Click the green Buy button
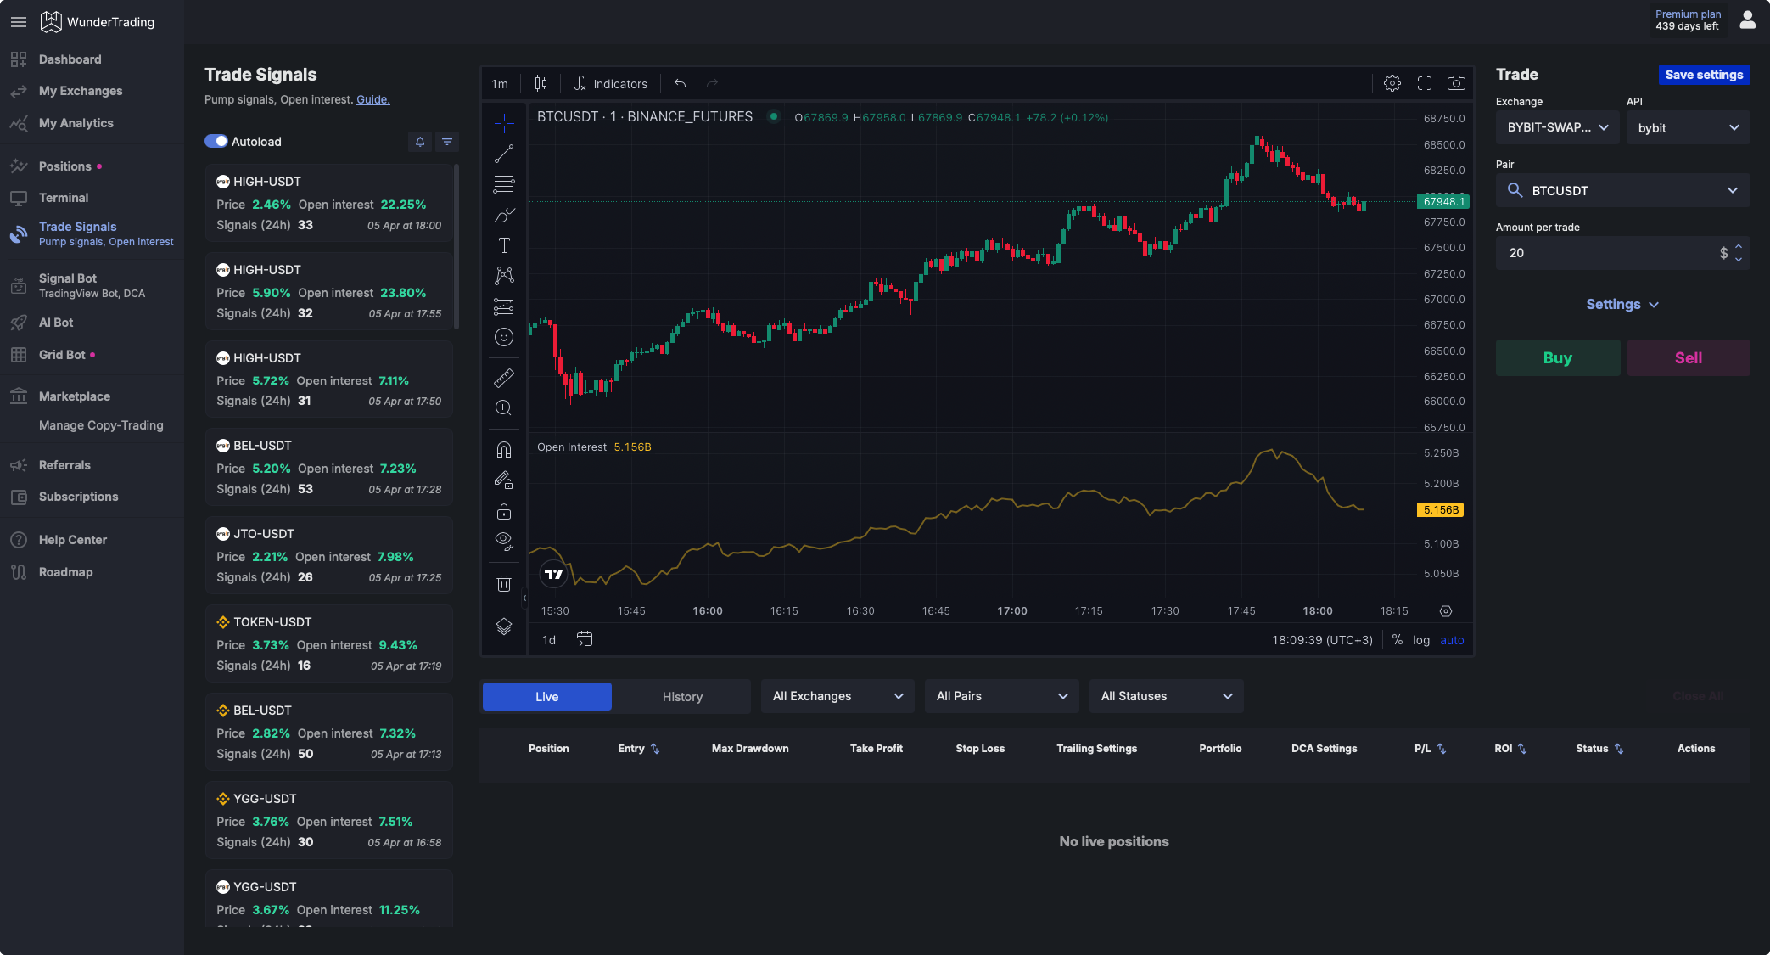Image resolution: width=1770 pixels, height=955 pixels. tap(1557, 357)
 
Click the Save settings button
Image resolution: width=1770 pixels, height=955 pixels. tap(1703, 75)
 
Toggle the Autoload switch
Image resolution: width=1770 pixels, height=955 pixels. tap(216, 141)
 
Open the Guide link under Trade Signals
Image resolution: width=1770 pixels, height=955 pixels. tap(372, 99)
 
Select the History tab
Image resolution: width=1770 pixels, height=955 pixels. tap(682, 696)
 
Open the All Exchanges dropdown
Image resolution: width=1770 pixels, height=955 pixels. tap(837, 696)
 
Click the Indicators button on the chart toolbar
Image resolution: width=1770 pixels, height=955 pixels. tap(610, 83)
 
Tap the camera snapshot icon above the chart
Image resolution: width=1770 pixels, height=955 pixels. tap(1456, 83)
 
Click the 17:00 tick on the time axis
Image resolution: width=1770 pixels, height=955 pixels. tap(1012, 610)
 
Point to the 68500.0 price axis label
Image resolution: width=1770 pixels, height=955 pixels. tap(1443, 144)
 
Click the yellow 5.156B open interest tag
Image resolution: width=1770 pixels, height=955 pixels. tap(1441, 510)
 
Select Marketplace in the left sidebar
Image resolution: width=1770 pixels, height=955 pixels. tap(75, 396)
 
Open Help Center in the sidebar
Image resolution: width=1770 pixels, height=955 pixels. tap(73, 540)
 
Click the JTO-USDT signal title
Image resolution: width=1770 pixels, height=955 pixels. tap(264, 534)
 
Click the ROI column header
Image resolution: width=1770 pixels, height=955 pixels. tap(1504, 748)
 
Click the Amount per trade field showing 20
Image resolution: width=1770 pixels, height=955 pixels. tap(1608, 253)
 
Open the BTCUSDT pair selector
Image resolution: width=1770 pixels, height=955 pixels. tap(1622, 190)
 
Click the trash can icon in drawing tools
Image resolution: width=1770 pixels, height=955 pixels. tap(504, 583)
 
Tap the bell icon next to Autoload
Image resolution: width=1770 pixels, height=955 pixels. tap(420, 142)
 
